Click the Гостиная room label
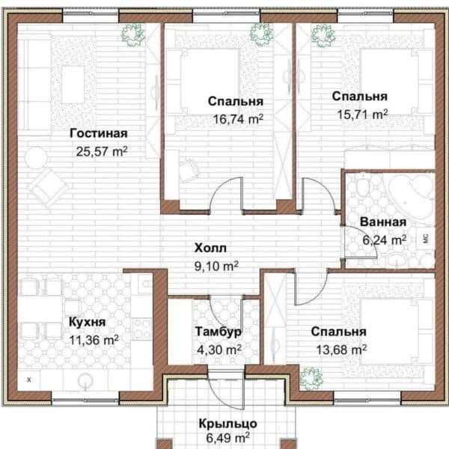[99, 134]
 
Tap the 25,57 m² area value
[102, 151]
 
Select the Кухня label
[87, 322]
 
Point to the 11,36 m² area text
[94, 340]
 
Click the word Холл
[210, 248]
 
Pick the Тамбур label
[219, 332]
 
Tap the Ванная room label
[383, 222]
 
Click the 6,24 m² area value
[385, 240]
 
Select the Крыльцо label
[228, 424]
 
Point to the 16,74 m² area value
[238, 119]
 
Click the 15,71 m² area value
[362, 114]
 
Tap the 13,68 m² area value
[341, 349]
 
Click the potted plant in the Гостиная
[132, 34]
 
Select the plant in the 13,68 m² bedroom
[311, 378]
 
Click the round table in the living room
[36, 157]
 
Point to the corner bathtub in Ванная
[412, 189]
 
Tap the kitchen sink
[85, 381]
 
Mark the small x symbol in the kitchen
[29, 380]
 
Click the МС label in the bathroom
[426, 238]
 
